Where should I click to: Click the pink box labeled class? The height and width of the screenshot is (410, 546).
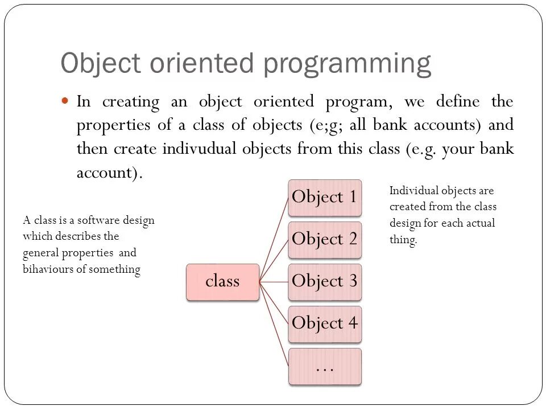tap(222, 282)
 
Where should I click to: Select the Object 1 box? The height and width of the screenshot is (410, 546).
tap(324, 198)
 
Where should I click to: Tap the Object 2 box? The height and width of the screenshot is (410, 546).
tap(324, 240)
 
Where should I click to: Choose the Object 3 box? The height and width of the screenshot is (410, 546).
tap(324, 282)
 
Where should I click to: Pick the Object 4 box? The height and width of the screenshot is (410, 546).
tap(324, 323)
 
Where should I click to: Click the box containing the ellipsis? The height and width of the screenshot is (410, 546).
tap(324, 366)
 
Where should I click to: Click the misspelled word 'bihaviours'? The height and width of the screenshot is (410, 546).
tap(47, 269)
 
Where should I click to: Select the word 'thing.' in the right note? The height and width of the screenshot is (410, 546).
tap(403, 240)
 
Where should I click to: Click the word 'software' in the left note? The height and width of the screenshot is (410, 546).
tap(96, 220)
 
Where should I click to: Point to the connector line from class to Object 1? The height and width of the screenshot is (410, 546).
tap(274, 239)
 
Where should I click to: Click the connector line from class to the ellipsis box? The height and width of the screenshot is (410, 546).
tap(274, 325)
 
